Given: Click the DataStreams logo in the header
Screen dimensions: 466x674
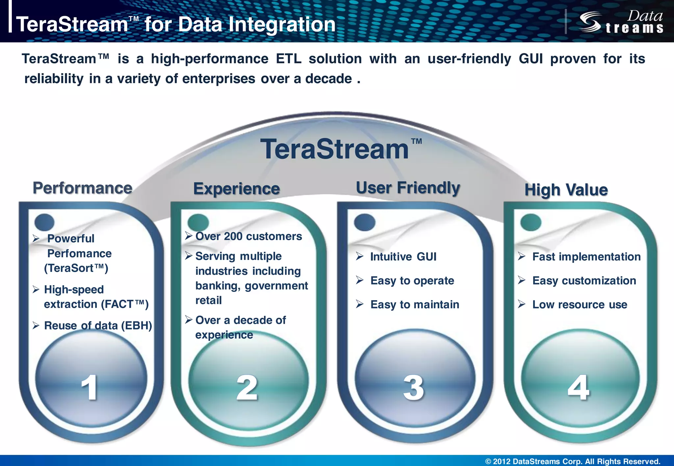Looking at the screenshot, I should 621,22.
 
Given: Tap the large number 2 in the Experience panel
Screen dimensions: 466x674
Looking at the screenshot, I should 247,388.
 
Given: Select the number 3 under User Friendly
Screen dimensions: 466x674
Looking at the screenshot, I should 414,388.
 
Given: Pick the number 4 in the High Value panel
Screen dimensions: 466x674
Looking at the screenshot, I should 579,388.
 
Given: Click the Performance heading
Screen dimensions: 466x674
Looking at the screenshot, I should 82,188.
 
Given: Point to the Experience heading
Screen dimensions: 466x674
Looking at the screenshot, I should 236,189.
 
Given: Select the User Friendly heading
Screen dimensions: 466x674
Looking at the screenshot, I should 408,188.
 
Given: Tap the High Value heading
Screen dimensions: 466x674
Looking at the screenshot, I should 566,190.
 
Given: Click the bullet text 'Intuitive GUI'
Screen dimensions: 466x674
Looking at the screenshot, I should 403,257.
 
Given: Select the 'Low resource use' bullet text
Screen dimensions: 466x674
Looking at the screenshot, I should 580,305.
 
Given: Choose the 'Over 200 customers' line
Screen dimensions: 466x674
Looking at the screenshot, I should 248,236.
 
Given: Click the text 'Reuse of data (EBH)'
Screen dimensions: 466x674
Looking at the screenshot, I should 98,326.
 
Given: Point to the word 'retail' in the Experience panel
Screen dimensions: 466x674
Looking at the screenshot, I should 208,300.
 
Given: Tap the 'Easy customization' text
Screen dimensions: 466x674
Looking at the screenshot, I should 584,281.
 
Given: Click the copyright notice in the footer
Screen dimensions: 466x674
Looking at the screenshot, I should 573,461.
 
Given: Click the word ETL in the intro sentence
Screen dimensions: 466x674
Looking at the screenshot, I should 288,59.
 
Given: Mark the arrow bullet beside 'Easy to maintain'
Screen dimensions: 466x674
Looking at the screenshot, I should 360,304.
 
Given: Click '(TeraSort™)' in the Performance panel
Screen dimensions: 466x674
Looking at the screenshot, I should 76,268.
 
